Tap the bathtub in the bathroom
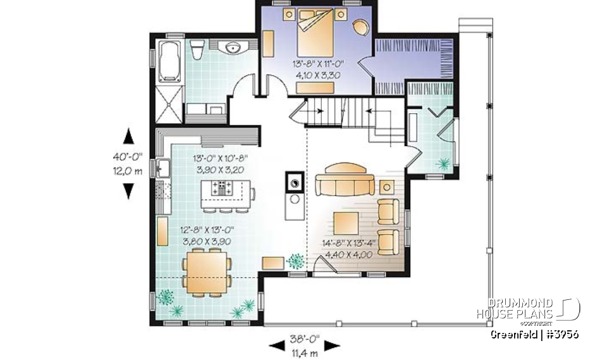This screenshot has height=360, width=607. coord(169,61)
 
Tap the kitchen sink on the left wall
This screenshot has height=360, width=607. coord(162,169)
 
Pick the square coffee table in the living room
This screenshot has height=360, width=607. coord(346,225)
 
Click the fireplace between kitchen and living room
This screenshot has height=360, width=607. coord(294,183)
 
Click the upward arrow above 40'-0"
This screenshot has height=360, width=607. coord(129,137)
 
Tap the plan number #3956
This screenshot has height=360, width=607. coord(562,334)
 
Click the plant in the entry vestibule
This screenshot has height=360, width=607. coord(443,164)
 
